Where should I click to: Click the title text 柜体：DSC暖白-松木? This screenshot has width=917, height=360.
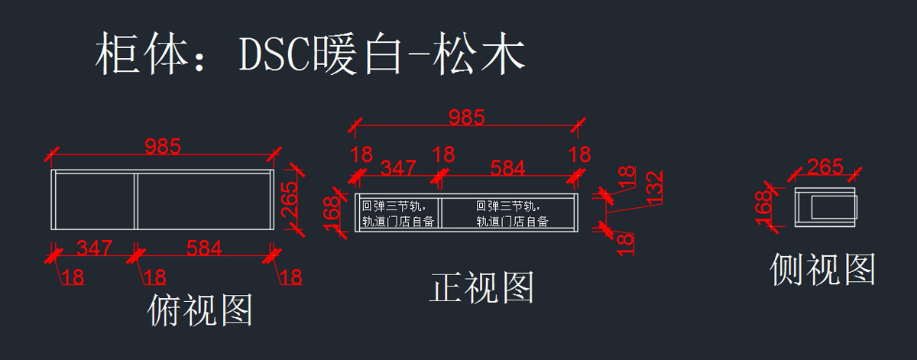pyautogui.click(x=310, y=54)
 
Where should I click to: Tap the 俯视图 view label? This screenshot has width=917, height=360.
pyautogui.click(x=199, y=310)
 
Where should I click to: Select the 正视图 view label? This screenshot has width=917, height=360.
pyautogui.click(x=482, y=288)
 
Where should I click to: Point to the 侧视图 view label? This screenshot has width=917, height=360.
pyautogui.click(x=823, y=269)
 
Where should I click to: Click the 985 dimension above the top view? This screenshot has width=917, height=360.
pyautogui.click(x=163, y=147)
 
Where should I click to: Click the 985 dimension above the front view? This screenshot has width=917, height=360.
pyautogui.click(x=467, y=118)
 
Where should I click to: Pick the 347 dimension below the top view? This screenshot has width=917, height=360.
pyautogui.click(x=94, y=248)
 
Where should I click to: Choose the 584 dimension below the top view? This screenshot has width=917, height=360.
pyautogui.click(x=204, y=248)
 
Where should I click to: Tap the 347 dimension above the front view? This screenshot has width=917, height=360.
pyautogui.click(x=398, y=168)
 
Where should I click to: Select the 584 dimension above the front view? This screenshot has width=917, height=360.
pyautogui.click(x=507, y=168)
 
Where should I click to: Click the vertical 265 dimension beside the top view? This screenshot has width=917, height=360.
pyautogui.click(x=289, y=199)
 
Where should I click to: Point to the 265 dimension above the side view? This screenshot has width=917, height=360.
pyautogui.click(x=825, y=167)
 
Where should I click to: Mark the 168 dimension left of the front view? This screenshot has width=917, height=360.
pyautogui.click(x=331, y=214)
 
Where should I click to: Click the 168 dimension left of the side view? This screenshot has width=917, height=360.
pyautogui.click(x=763, y=208)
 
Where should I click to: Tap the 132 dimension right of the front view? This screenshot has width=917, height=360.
pyautogui.click(x=654, y=187)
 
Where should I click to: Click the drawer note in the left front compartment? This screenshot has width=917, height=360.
pyautogui.click(x=398, y=213)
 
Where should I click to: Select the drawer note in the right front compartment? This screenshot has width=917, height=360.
pyautogui.click(x=512, y=213)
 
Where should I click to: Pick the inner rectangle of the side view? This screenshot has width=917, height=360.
pyautogui.click(x=834, y=207)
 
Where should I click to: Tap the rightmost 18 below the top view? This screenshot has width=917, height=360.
pyautogui.click(x=291, y=277)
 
